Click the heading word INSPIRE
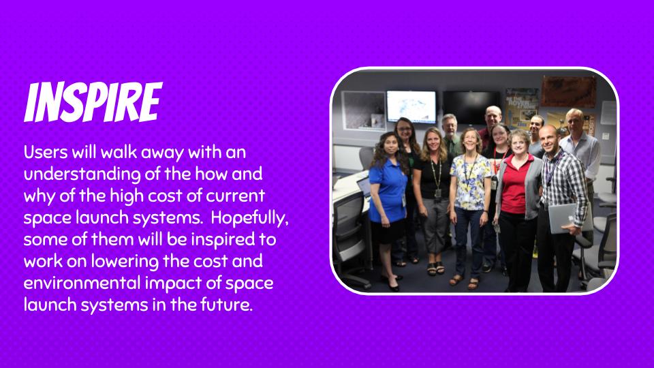pyautogui.click(x=93, y=102)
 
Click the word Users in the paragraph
pyautogui.click(x=46, y=152)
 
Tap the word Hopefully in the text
pyautogui.click(x=249, y=218)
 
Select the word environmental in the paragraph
pyautogui.click(x=82, y=283)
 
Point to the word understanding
pyautogui.click(x=82, y=174)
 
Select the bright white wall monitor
pyautogui.click(x=411, y=106)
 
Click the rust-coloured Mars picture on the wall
pyautogui.click(x=567, y=91)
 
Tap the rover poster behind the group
pyautogui.click(x=521, y=108)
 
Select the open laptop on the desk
pyautogui.click(x=364, y=187)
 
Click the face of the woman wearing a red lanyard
pyautogui.click(x=499, y=135)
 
